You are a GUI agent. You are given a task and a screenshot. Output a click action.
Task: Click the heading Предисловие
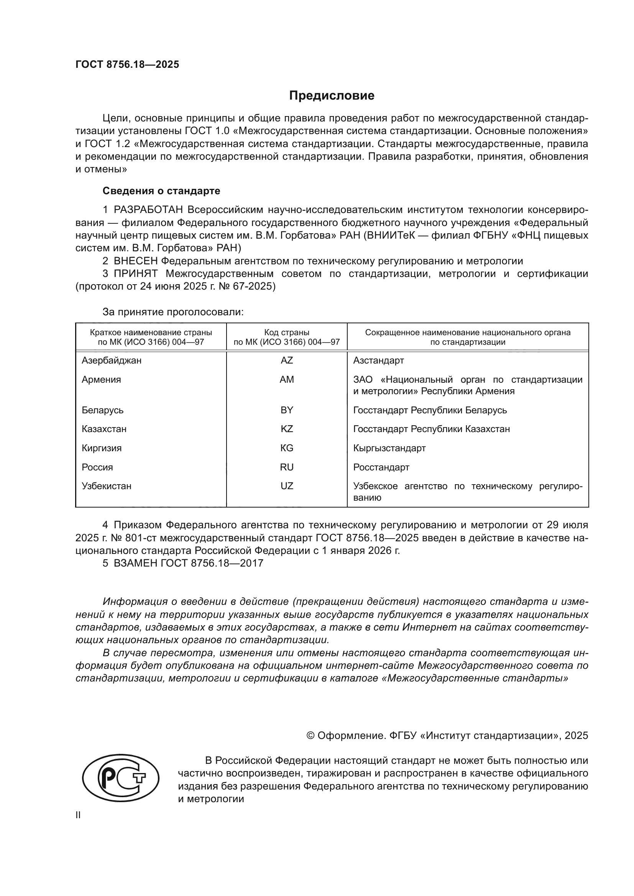click(332, 96)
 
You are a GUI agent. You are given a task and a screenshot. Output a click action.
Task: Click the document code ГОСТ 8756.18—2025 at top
click(127, 64)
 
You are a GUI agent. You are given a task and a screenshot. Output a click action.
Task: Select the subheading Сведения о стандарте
click(161, 191)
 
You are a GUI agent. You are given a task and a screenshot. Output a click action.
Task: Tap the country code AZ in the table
click(287, 360)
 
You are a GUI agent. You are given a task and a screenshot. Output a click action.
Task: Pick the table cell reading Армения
click(102, 379)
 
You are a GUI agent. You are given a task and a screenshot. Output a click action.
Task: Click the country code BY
click(287, 410)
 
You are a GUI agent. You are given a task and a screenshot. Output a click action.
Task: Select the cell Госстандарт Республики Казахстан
click(431, 429)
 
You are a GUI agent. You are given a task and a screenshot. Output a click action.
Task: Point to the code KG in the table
click(287, 448)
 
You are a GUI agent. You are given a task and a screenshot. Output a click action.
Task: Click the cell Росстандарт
click(381, 467)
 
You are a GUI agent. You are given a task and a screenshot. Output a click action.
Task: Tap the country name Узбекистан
click(107, 486)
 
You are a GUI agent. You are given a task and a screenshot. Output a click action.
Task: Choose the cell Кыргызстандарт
click(389, 448)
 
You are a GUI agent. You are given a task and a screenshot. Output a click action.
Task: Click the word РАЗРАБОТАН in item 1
click(148, 210)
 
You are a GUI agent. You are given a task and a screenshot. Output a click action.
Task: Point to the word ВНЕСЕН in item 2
click(135, 261)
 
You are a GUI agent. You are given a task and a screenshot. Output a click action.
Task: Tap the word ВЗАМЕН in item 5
click(135, 563)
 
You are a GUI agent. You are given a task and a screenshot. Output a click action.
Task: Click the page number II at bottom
click(78, 815)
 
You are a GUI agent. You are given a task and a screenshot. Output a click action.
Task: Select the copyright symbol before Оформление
click(311, 735)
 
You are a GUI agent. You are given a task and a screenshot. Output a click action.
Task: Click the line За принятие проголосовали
click(173, 312)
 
